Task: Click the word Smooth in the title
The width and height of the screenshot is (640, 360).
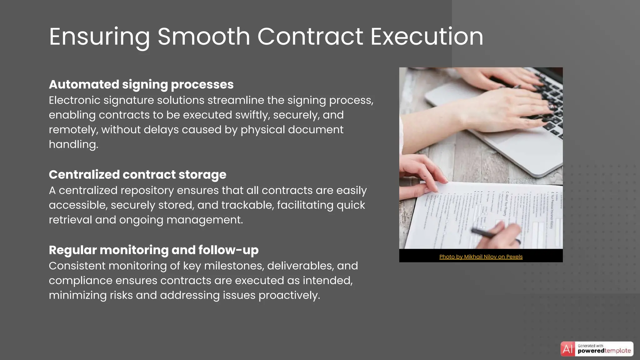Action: coord(203,37)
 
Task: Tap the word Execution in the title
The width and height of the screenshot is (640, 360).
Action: coord(427,37)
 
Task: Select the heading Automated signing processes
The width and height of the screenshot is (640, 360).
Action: coord(141,84)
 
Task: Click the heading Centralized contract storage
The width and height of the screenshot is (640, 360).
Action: coord(137,174)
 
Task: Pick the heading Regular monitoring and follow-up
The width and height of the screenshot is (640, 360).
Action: coord(154,250)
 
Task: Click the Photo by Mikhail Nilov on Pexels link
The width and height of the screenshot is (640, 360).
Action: coord(481,257)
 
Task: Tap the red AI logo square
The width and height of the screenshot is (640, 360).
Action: coord(567,349)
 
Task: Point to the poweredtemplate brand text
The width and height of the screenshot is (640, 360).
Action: coord(604,351)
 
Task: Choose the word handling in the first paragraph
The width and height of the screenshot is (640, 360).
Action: coord(73,144)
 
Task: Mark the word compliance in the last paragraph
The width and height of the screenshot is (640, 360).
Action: coord(80,281)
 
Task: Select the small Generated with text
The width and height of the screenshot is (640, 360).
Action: coord(590,346)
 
